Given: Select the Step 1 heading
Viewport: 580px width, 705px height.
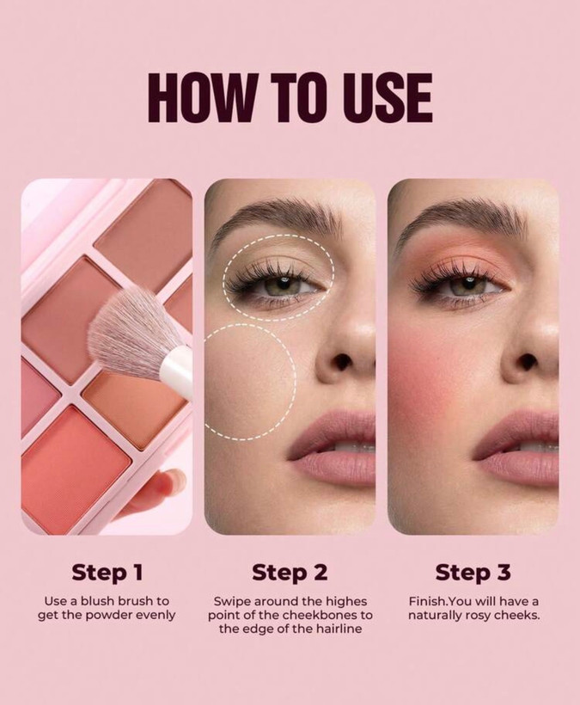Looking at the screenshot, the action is click(107, 573).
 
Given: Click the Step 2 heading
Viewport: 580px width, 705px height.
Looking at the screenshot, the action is click(290, 573).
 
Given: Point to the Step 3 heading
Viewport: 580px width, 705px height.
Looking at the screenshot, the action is click(473, 573).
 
